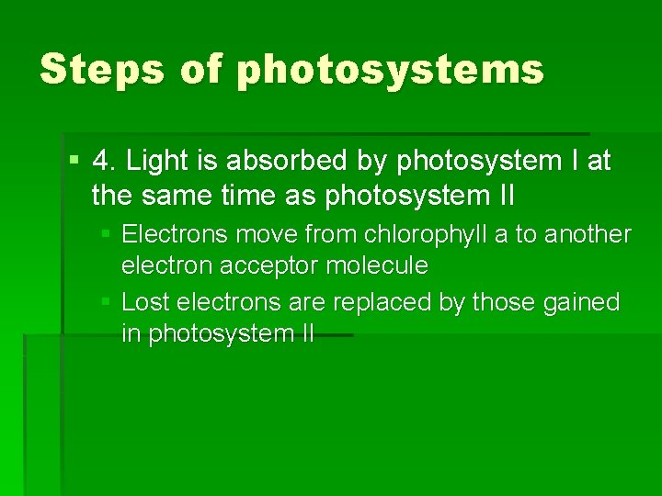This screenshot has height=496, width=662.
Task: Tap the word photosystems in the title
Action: click(x=390, y=71)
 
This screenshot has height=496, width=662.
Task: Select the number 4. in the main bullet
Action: click(x=106, y=162)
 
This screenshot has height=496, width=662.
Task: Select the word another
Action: click(x=588, y=234)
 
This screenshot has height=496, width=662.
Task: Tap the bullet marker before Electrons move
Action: click(x=107, y=235)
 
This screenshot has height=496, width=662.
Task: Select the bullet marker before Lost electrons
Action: click(x=107, y=302)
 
